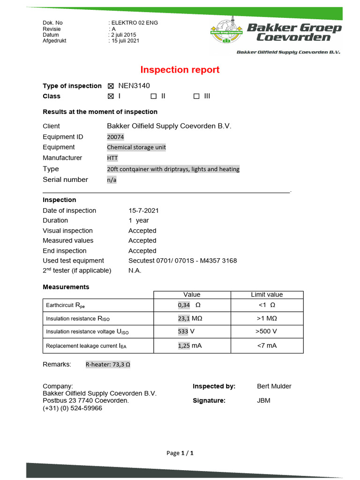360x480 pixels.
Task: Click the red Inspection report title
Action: [x=180, y=70]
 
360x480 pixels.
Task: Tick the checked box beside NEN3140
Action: [x=111, y=86]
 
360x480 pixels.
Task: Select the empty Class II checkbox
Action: [x=153, y=96]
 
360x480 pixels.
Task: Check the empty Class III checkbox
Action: [x=196, y=96]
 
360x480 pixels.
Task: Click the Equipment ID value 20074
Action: [x=115, y=137]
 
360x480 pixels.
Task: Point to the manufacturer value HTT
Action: [x=112, y=158]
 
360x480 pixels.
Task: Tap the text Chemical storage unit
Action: [x=136, y=147]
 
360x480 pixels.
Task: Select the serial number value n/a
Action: [x=112, y=180]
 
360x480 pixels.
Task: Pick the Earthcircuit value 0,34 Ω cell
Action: [x=191, y=305]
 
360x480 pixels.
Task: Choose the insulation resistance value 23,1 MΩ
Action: [x=191, y=318]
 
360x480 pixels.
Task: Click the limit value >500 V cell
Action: [x=266, y=331]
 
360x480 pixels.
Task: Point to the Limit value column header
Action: [x=267, y=295]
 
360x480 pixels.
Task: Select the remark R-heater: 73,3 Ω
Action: [x=108, y=364]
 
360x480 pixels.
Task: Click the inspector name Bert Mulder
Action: [x=274, y=386]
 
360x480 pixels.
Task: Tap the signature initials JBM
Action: [x=264, y=401]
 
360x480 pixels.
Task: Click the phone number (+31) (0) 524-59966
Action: [x=72, y=408]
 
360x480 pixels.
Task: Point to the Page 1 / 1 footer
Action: [x=180, y=453]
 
